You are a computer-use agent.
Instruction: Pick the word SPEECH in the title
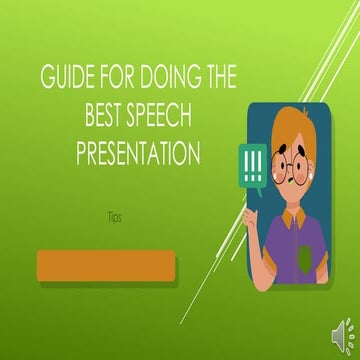[169, 119]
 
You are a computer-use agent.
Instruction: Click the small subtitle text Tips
[114, 216]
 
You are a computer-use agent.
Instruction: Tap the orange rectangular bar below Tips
[105, 267]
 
